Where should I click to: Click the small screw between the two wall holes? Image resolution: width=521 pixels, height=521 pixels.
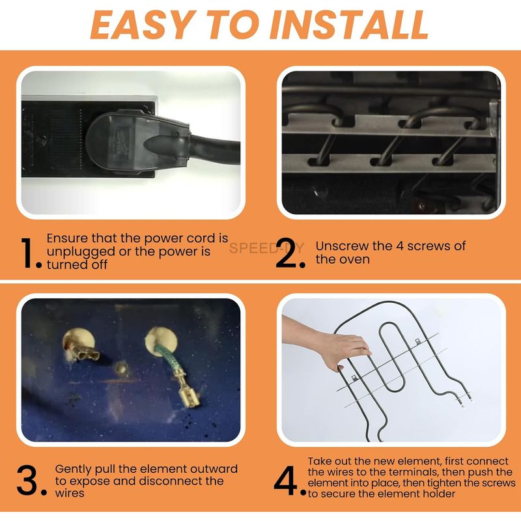pos(122,368)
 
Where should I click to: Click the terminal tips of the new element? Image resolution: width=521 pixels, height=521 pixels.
pos(465,401)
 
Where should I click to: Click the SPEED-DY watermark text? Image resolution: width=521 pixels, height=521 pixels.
pos(266,248)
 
